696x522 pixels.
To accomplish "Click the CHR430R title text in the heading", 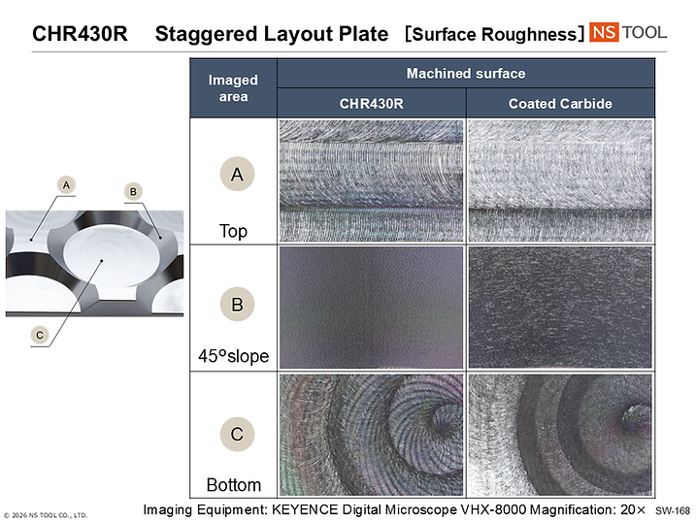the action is point(80,34).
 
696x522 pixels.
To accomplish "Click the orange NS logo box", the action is point(604,32).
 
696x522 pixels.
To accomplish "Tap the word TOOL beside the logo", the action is point(644,32).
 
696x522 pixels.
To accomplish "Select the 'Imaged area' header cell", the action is point(233,88).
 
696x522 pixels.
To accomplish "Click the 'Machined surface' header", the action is point(466,73).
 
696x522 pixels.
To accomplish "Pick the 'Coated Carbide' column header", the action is point(560,104).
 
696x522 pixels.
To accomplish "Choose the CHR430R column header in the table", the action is point(371,104).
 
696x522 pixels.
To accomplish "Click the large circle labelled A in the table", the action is point(237,174).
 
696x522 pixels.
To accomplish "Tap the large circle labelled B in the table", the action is point(237,305).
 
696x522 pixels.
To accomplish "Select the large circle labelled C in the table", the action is point(237,434).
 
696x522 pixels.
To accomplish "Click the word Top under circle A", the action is point(233,232).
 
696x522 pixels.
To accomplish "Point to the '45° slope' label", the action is point(234,356).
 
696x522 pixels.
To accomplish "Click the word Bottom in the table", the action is point(234,485).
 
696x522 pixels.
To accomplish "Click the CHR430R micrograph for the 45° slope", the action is point(371,308).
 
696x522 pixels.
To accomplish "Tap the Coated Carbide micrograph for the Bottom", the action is point(560,435).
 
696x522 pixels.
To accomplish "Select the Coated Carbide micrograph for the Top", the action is point(560,180).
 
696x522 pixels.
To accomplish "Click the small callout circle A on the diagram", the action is point(66,185).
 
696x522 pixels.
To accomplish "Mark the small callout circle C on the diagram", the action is point(40,335).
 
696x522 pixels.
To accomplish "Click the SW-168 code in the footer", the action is point(673,511).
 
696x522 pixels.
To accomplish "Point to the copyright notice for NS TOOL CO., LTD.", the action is point(46,515).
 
